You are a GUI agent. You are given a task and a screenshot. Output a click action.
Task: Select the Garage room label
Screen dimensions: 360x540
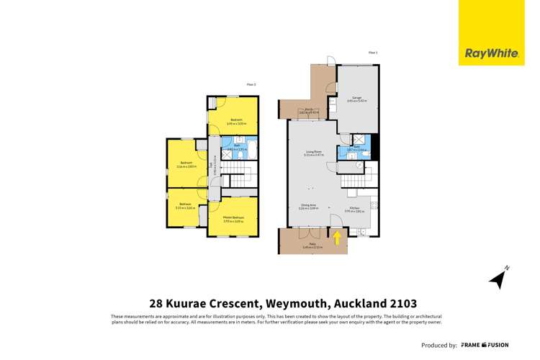click(x=356, y=99)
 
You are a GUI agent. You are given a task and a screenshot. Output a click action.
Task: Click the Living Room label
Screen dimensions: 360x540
click(x=313, y=153)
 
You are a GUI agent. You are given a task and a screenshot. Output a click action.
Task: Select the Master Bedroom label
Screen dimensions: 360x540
click(x=233, y=218)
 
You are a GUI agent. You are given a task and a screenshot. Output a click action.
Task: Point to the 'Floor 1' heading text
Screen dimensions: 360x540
click(x=373, y=53)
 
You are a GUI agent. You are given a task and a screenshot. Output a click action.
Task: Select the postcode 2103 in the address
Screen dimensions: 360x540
click(x=400, y=303)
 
